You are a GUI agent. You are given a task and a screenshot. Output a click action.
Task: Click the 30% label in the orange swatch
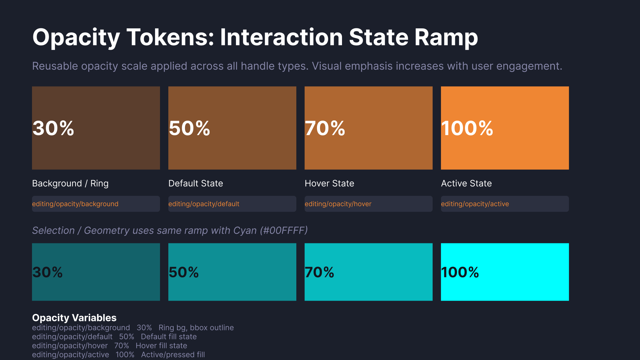coord(53,128)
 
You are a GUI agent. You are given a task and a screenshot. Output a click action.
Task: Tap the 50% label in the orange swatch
coord(189,128)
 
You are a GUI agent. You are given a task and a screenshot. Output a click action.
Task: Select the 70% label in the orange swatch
coord(325,128)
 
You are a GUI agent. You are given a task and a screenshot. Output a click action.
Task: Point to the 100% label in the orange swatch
coord(467,128)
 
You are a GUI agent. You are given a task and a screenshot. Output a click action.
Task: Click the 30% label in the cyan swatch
coord(47,272)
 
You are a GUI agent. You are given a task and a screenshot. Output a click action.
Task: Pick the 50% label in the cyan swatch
coord(184,272)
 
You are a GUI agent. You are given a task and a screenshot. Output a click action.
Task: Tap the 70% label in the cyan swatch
coord(319,272)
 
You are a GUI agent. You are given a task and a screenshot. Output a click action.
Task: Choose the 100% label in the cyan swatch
coord(460,272)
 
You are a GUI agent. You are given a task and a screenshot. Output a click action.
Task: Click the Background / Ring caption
coord(70,183)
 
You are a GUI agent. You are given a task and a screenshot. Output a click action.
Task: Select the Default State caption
coord(196,183)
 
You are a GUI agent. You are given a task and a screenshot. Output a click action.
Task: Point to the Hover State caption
coord(329,183)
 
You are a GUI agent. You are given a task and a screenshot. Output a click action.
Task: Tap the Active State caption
coord(466,183)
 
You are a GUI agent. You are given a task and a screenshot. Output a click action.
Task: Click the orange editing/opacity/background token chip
coord(96,204)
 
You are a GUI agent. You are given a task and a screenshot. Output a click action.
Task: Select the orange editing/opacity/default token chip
coord(232,204)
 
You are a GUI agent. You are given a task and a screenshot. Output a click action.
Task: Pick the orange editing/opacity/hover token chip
coord(369,204)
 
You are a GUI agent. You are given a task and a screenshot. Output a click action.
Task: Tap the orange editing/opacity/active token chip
coord(505,204)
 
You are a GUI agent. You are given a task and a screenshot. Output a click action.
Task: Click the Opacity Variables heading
coord(74,318)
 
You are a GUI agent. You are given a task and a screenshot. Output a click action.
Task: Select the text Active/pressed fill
coord(173,355)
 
